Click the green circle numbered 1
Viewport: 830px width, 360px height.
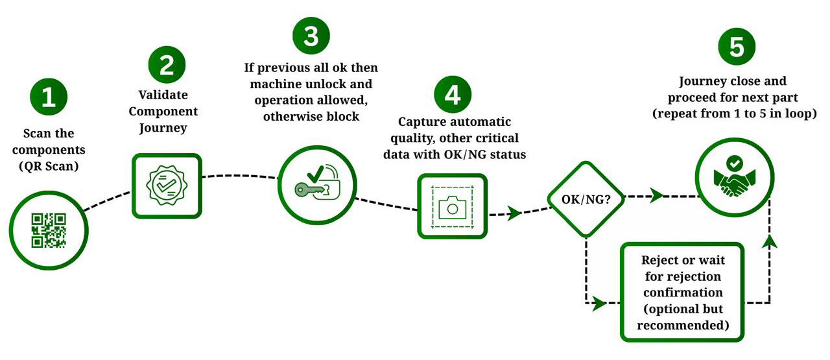[49, 97]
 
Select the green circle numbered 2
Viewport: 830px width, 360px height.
[167, 66]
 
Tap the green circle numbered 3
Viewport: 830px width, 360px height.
[311, 36]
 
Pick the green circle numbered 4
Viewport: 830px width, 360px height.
[453, 94]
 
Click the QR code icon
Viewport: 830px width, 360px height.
[49, 230]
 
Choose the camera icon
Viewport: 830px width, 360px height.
[453, 206]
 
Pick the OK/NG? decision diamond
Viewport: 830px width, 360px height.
[586, 200]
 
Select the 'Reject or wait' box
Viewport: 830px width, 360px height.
[682, 292]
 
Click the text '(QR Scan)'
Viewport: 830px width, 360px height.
[49, 165]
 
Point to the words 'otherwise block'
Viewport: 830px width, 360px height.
[311, 117]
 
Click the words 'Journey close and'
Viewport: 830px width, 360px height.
[732, 82]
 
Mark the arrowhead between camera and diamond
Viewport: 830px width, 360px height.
[514, 213]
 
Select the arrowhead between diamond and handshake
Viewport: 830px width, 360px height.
[657, 195]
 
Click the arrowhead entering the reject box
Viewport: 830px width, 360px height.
[600, 303]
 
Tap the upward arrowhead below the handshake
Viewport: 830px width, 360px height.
[770, 241]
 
